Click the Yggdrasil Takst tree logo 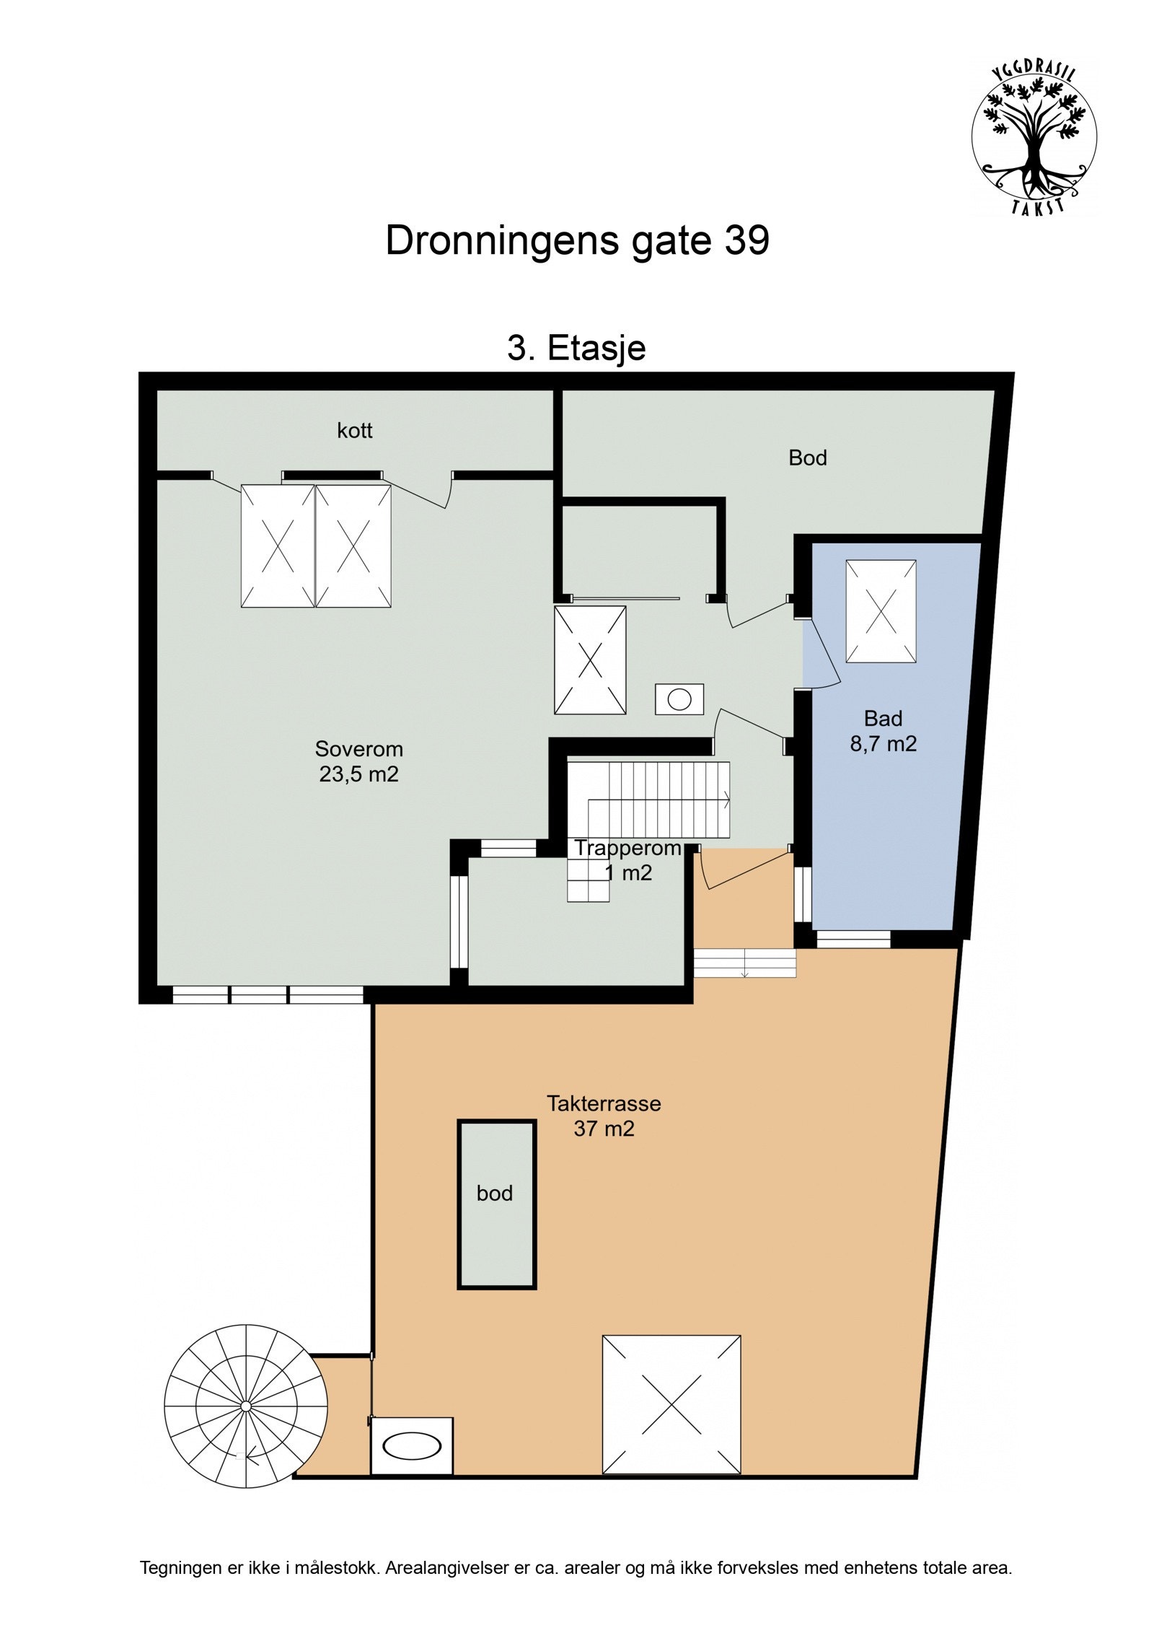point(1033,137)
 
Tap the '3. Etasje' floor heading point(576,348)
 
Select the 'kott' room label point(354,431)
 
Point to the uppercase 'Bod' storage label point(807,457)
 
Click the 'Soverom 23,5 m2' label point(358,761)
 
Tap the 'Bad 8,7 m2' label point(883,730)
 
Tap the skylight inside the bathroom point(880,610)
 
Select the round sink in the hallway point(679,699)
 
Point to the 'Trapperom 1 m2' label point(627,860)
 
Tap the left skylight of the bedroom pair point(278,546)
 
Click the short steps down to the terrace point(744,963)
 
